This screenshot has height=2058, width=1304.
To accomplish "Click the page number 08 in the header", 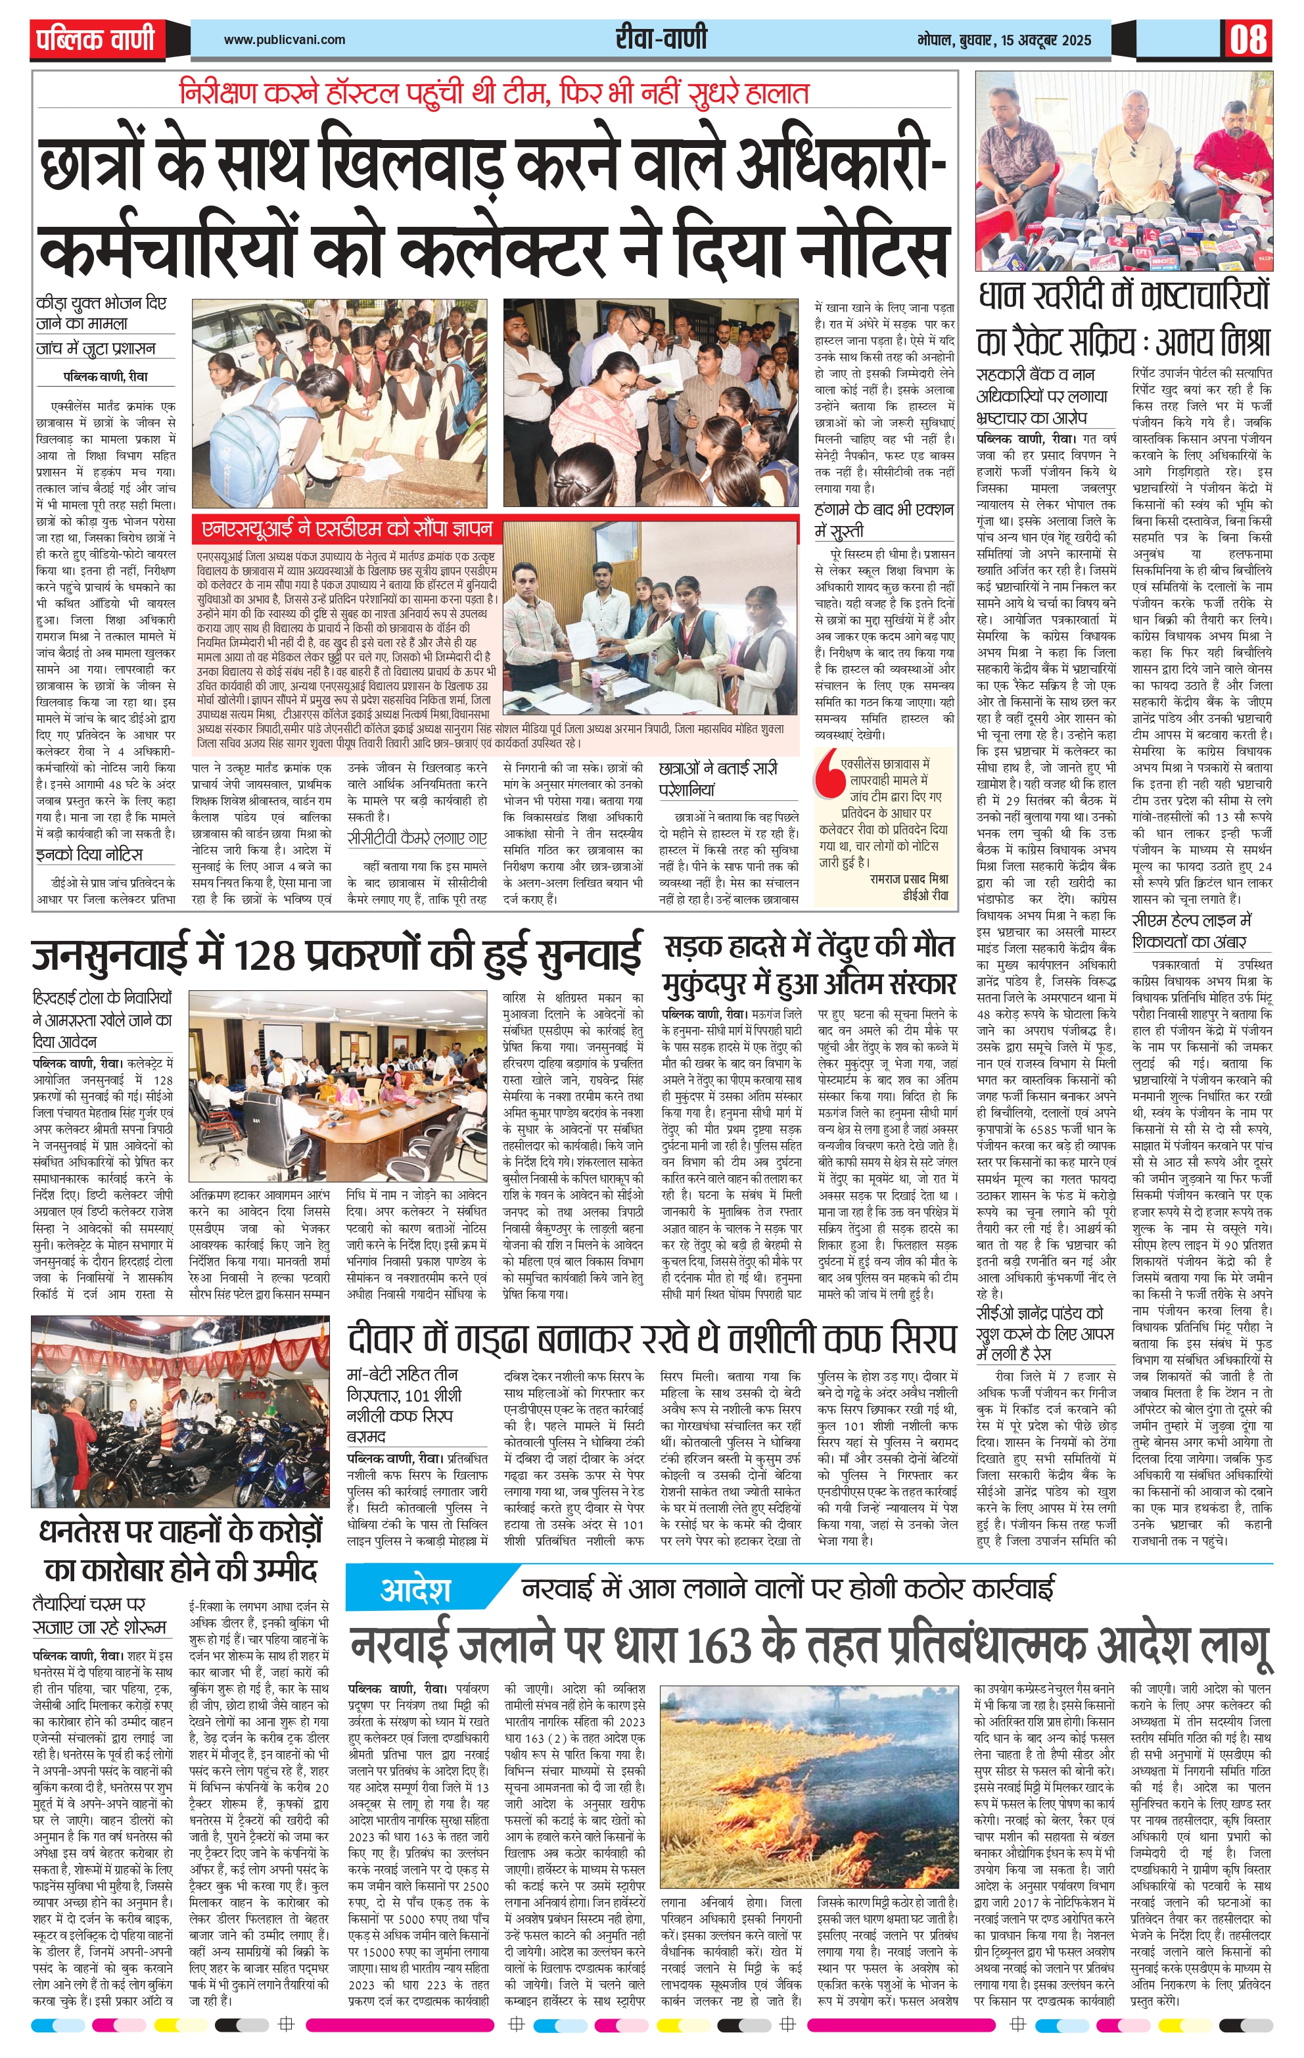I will point(1248,39).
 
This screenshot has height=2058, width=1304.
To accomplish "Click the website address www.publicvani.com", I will point(285,39).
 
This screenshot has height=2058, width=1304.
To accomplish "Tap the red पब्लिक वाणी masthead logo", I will point(96,39).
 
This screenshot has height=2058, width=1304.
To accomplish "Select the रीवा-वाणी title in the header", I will point(661,39).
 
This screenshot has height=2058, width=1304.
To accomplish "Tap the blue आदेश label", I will point(415,1591).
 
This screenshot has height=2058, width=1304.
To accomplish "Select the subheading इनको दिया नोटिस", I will point(89,855).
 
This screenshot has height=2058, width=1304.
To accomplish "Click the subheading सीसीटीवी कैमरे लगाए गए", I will point(417,838).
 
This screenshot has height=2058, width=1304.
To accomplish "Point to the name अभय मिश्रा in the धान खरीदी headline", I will point(1213,343).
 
